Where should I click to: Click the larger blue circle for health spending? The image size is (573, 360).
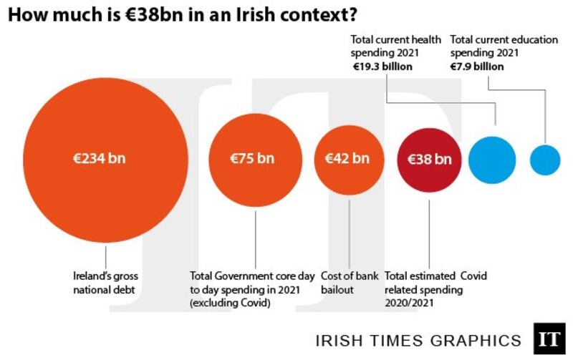(492, 160)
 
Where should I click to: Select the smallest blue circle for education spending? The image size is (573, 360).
(544, 160)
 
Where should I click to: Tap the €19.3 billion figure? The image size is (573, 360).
(382, 67)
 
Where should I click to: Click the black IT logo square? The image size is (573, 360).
(549, 339)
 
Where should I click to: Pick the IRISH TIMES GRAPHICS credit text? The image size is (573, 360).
(419, 340)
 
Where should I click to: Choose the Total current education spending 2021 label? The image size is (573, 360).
(504, 47)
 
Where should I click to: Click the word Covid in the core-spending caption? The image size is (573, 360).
(255, 303)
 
